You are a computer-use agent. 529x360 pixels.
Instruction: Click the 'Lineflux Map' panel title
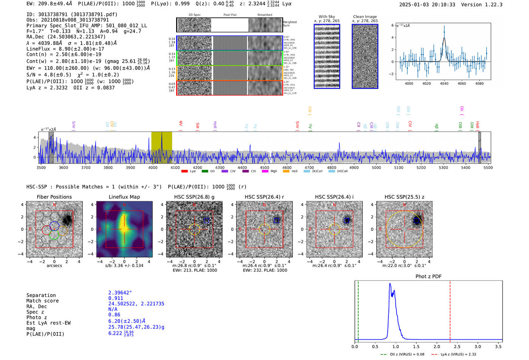(124, 197)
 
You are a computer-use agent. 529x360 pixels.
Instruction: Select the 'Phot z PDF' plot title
(428, 277)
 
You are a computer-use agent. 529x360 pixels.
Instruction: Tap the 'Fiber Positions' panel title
(54, 197)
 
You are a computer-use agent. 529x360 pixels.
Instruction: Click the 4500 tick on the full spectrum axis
(264, 168)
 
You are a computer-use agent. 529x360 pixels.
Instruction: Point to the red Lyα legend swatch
(184, 172)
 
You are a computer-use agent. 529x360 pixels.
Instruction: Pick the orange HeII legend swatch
(286, 172)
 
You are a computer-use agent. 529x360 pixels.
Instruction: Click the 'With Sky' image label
(326, 17)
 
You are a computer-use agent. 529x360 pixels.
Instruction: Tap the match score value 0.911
(116, 298)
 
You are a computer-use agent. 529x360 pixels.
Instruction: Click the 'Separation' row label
(41, 295)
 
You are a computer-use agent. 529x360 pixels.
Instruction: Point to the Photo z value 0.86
(114, 315)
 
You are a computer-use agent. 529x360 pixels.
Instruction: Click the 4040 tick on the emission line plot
(444, 83)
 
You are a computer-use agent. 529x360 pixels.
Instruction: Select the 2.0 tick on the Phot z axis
(436, 346)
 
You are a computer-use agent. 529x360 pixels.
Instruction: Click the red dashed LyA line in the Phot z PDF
(450, 310)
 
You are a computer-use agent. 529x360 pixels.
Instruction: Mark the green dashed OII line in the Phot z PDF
(358, 310)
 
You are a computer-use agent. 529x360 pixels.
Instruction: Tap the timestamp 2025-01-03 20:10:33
(427, 5)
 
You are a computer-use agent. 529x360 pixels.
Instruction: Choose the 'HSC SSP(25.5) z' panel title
(404, 197)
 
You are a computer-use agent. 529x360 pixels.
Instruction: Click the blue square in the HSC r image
(276, 221)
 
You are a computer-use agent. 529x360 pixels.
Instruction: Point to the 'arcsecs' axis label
(54, 266)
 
